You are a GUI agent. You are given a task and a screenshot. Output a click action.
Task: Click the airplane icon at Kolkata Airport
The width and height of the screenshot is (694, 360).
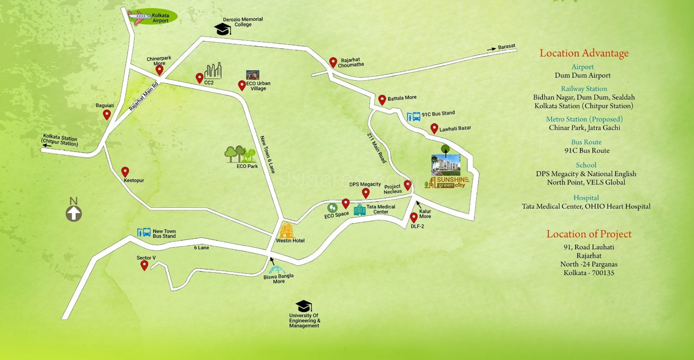tap(139, 17)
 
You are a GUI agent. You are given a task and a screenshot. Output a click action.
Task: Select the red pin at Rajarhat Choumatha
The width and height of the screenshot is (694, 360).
tap(333, 62)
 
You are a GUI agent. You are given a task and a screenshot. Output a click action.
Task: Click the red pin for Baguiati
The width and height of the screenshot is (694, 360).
tap(107, 114)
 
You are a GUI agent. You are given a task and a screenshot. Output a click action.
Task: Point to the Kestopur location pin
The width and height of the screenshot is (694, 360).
tap(125, 172)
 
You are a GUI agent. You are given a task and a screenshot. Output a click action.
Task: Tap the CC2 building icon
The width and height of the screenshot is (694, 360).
tap(213, 71)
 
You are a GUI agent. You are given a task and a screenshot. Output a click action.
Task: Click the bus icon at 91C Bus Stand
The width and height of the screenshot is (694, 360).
tap(413, 116)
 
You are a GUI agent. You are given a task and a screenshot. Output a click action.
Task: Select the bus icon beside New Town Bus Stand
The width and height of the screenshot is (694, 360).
tap(143, 233)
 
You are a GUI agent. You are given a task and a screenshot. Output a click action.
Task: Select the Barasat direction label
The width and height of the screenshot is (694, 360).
tap(506, 46)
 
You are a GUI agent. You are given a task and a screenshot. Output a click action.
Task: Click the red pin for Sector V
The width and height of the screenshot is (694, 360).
tap(144, 265)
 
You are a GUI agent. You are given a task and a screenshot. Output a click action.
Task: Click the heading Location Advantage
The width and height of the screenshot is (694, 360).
tap(584, 53)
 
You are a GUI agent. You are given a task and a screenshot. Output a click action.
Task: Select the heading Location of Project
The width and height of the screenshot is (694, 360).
tap(589, 234)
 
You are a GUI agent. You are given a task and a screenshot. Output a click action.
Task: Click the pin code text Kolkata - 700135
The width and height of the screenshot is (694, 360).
tap(589, 273)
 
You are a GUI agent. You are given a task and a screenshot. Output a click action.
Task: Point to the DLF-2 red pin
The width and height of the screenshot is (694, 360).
tap(413, 218)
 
